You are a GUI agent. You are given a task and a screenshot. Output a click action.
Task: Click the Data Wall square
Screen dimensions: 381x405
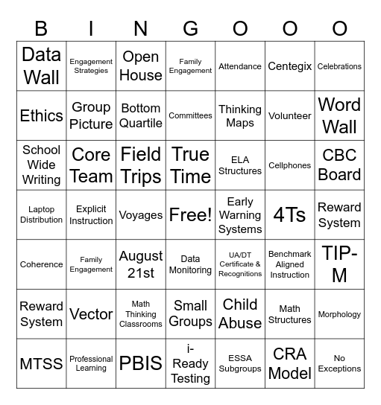click(x=42, y=66)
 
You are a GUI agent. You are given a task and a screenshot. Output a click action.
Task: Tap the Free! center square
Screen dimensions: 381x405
click(x=190, y=215)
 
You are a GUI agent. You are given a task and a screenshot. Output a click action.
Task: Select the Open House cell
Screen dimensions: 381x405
click(x=141, y=66)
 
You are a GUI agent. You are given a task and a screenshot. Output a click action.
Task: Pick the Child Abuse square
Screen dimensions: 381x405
click(x=240, y=314)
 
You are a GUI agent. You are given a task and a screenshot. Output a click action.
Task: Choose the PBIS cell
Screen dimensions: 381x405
click(x=141, y=364)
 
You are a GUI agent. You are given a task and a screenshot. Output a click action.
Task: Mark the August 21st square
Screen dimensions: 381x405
click(x=141, y=264)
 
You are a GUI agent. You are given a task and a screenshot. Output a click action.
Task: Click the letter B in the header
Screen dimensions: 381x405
click(x=42, y=28)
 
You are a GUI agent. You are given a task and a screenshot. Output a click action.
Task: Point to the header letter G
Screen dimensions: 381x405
click(x=190, y=28)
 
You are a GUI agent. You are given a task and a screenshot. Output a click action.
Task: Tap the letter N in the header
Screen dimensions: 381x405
click(x=141, y=28)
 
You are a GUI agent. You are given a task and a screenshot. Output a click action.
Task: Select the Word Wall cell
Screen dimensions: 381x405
click(x=339, y=115)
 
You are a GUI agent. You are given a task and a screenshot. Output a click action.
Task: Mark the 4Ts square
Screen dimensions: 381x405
click(x=289, y=215)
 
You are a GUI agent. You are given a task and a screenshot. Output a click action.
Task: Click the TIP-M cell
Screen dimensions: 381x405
click(x=339, y=264)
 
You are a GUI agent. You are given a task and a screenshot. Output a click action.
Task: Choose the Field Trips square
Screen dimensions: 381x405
click(x=141, y=165)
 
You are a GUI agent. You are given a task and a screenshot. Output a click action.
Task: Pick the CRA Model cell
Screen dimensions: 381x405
click(x=289, y=364)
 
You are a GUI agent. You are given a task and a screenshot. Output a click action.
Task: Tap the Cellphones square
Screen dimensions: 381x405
click(x=289, y=165)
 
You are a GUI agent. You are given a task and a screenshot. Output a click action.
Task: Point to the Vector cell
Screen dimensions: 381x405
click(x=91, y=314)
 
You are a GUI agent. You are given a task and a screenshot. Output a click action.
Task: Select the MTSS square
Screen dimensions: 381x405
click(x=42, y=364)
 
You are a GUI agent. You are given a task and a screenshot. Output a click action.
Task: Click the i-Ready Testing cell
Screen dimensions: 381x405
click(x=190, y=364)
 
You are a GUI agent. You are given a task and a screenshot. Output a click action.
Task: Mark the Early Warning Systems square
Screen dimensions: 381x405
click(x=240, y=215)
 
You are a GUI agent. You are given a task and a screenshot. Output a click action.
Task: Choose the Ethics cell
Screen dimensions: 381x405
click(x=42, y=115)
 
